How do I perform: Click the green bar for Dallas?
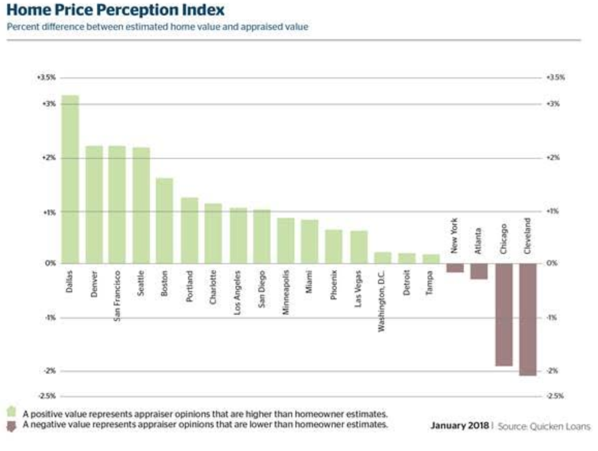pyautogui.click(x=70, y=179)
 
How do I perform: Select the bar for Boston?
pyautogui.click(x=164, y=221)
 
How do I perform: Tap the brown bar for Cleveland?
pyautogui.click(x=527, y=319)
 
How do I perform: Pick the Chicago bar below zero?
pyautogui.click(x=503, y=314)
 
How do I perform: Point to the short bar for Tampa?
pyautogui.click(x=431, y=259)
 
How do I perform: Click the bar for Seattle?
pyautogui.click(x=141, y=205)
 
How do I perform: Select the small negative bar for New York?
pyautogui.click(x=455, y=268)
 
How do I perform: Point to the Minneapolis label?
pyautogui.click(x=286, y=292)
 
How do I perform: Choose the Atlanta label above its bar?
pyautogui.click(x=479, y=240)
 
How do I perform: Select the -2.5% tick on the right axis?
pyautogui.click(x=555, y=396)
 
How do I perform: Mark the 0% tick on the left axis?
pyautogui.click(x=51, y=263)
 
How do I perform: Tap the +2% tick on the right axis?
pyautogui.click(x=553, y=157)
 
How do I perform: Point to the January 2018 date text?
pyautogui.click(x=459, y=426)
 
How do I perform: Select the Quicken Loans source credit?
pyautogui.click(x=543, y=426)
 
